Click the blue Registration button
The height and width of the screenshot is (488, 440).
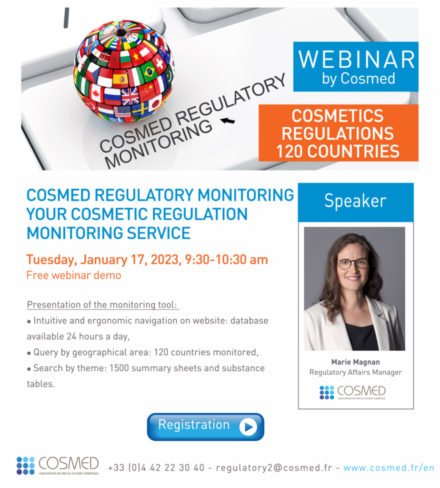(x=206, y=427)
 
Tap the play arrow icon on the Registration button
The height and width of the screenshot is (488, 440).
(x=248, y=427)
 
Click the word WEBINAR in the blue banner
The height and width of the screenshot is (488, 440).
(x=356, y=60)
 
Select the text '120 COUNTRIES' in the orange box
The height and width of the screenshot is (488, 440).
(x=338, y=151)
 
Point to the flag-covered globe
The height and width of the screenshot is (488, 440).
(x=124, y=71)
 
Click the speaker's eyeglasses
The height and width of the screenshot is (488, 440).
(x=353, y=264)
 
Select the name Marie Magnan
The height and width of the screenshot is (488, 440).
(x=355, y=362)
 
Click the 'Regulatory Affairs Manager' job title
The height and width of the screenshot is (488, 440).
(x=355, y=372)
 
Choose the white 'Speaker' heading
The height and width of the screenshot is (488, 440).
(x=355, y=201)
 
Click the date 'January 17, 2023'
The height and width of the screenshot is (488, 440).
(x=130, y=260)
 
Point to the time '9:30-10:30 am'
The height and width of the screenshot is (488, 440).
(x=226, y=259)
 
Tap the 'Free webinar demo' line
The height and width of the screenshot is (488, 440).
(x=74, y=275)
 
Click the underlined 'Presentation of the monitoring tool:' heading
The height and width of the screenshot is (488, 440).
(x=102, y=305)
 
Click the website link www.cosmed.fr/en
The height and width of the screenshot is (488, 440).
(x=389, y=468)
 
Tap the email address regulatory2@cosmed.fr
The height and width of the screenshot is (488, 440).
(x=274, y=468)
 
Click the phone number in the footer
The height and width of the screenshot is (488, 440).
(x=156, y=468)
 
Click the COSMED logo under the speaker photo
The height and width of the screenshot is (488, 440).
(x=353, y=393)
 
